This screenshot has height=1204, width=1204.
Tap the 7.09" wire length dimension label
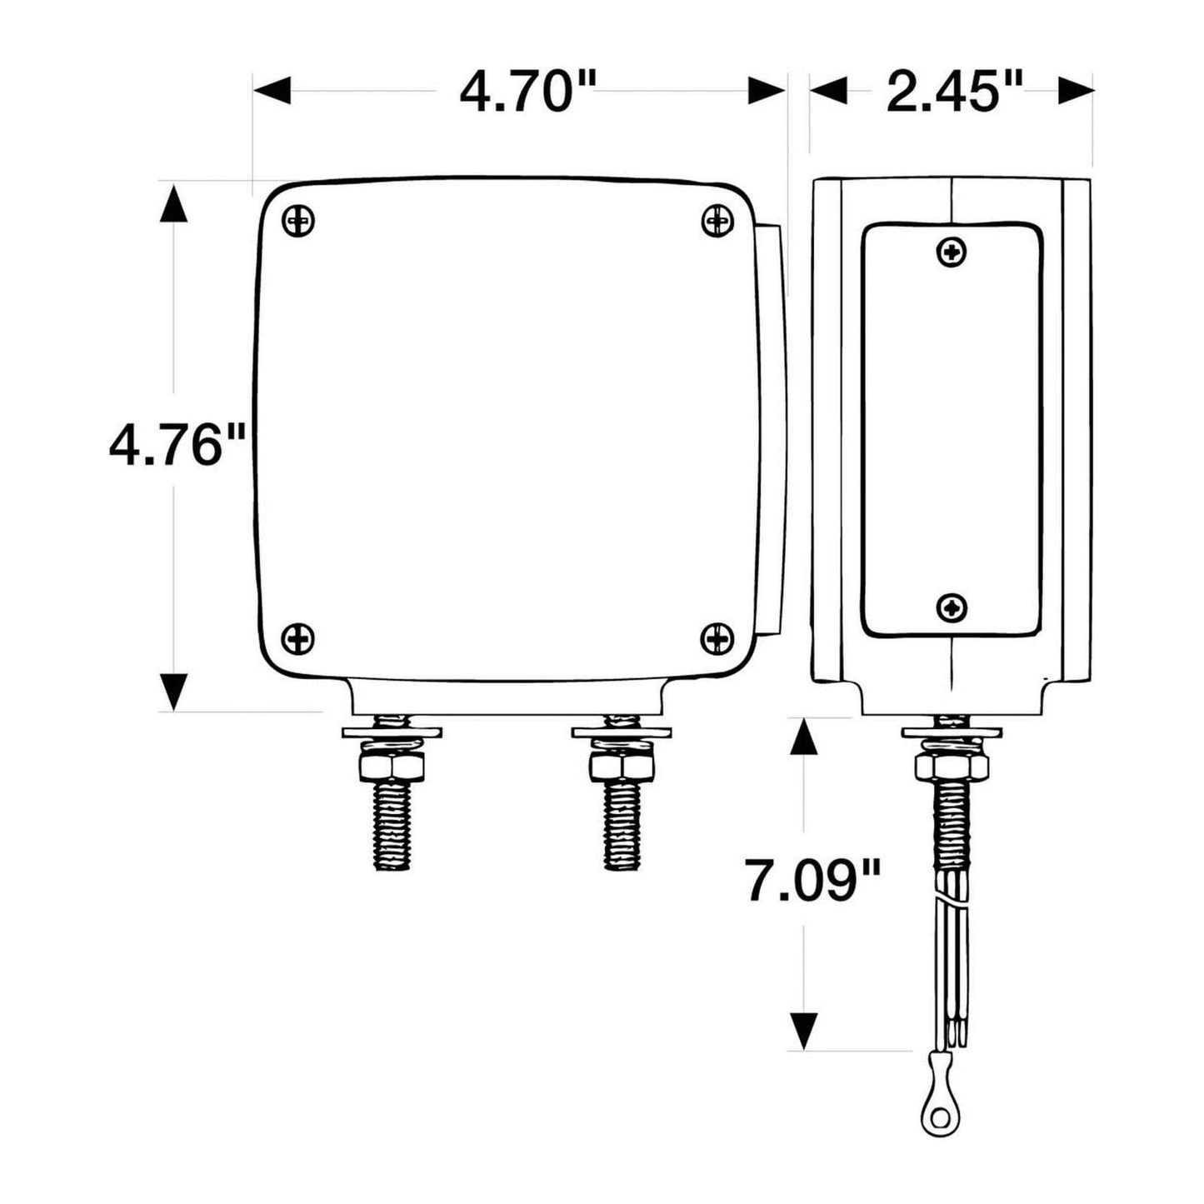(x=812, y=882)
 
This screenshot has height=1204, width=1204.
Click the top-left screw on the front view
(x=299, y=221)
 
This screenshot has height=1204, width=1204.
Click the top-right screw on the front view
(x=717, y=221)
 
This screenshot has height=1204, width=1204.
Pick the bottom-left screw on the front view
(x=299, y=639)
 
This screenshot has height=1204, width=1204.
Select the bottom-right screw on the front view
(x=717, y=639)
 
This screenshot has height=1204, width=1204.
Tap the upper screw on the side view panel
(x=952, y=252)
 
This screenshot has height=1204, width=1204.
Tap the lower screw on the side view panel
(x=952, y=607)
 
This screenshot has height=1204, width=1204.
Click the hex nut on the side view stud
(x=952, y=765)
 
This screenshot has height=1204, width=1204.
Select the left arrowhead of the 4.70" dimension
(x=272, y=90)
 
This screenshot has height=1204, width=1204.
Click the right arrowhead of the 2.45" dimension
(x=1075, y=90)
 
